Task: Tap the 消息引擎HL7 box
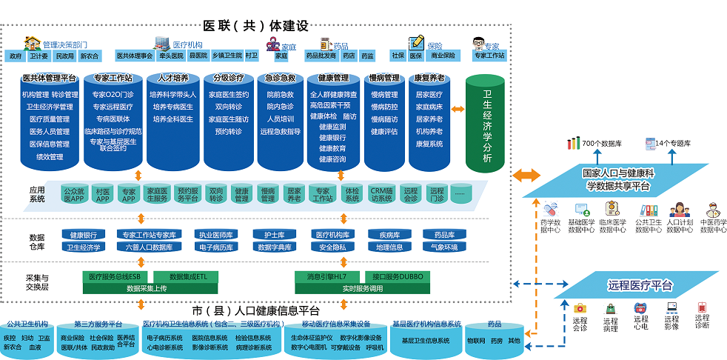tap(326, 276)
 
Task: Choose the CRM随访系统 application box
tap(381, 194)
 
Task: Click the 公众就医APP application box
tap(73, 194)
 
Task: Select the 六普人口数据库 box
tap(149, 247)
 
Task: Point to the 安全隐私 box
tap(331, 247)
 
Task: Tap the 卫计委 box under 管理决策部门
tap(39, 56)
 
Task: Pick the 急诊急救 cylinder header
tap(280, 78)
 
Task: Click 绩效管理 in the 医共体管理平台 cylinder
tap(50, 156)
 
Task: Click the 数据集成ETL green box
tap(190, 276)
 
